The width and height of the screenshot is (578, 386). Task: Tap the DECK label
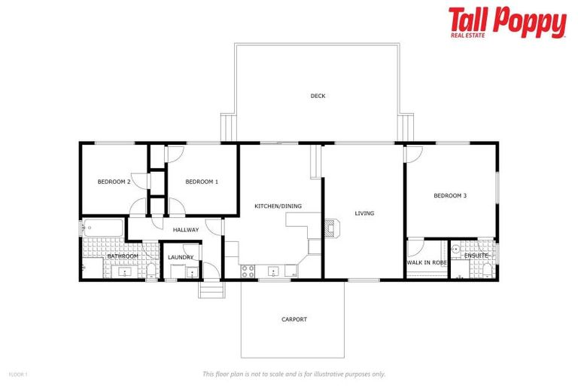click(x=318, y=96)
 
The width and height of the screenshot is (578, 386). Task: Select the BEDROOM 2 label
click(x=114, y=182)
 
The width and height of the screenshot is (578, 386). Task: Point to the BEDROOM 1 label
click(x=202, y=182)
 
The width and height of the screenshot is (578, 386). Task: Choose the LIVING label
click(x=364, y=213)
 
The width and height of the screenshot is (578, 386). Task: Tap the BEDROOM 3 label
click(x=450, y=196)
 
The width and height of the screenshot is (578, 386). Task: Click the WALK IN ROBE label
click(x=427, y=262)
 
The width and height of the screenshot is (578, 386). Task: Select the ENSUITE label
click(x=476, y=256)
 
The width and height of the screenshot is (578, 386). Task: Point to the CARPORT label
click(x=294, y=320)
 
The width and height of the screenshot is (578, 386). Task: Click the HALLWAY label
click(x=186, y=230)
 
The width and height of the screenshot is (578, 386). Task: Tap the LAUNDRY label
click(x=181, y=257)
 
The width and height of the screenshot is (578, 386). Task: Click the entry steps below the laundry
click(x=211, y=289)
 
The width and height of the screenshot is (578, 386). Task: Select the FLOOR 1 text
click(x=17, y=374)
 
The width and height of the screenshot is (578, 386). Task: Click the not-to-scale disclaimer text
click(x=294, y=374)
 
